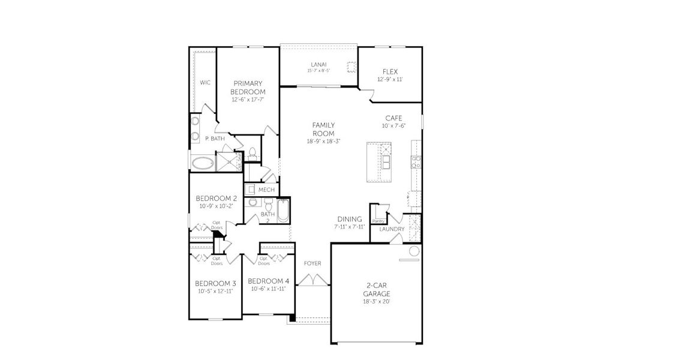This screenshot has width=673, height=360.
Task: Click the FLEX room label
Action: coord(390,71)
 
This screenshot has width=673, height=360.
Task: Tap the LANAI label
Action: coord(318,64)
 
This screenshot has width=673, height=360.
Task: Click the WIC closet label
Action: coord(205,82)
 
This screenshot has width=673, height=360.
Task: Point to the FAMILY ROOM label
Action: coord(323,129)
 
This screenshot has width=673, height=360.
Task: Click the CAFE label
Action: coord(393,118)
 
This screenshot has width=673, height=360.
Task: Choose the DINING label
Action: coord(349,220)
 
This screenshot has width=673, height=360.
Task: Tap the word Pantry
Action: coord(378,221)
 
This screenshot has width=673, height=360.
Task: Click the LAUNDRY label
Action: coord(392,229)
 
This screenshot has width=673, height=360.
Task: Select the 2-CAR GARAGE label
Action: coord(376,290)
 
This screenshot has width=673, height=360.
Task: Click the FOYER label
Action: coord(312,263)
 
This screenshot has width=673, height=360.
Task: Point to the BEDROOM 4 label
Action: coord(268,281)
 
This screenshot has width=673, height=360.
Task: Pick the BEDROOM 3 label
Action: coord(215,283)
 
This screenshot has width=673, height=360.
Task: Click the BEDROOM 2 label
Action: coord(217,199)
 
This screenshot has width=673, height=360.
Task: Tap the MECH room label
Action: coord(266,190)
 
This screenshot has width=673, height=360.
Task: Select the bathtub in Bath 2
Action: coord(284,211)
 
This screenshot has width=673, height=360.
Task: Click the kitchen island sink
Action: coord(385,162)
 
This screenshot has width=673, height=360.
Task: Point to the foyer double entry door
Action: coord(312,280)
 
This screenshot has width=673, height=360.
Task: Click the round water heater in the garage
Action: coord(413,251)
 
